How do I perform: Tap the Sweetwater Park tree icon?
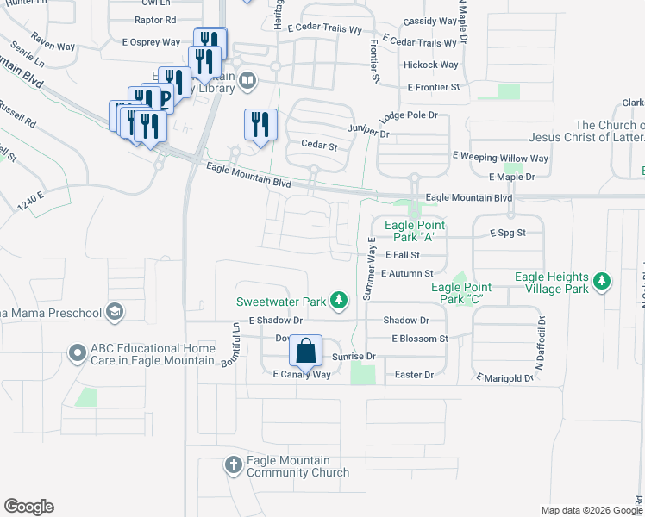pos(341,301)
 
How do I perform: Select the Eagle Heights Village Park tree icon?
pos(601,282)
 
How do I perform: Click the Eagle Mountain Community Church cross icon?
pos(233,466)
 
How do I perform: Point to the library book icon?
pos(247,81)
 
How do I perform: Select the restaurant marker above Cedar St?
pos(259,124)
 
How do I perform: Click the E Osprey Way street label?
pos(151,41)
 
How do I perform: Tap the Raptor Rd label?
pos(156,19)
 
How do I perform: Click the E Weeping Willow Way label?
pos(500,159)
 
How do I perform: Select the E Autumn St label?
pos(408,273)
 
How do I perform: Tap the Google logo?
pos(28,507)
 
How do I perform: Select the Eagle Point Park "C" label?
pos(461,293)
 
